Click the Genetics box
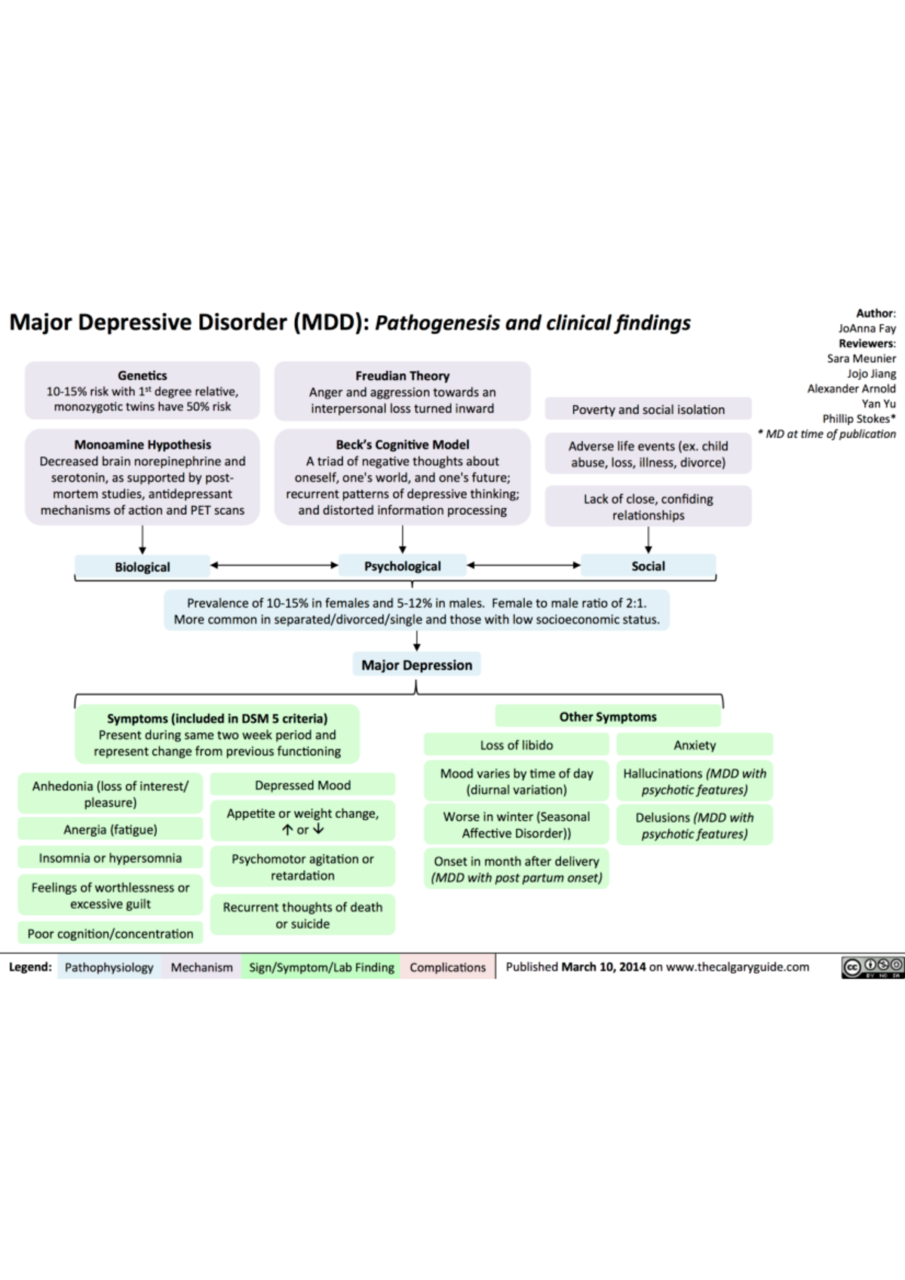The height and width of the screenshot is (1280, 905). (x=143, y=390)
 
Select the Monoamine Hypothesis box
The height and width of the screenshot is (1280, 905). (x=143, y=477)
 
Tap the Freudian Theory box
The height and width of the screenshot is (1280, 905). (x=402, y=391)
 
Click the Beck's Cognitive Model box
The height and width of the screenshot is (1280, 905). (x=402, y=477)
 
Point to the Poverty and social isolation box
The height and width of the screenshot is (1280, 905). (x=648, y=409)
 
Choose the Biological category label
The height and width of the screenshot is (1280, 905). (x=143, y=567)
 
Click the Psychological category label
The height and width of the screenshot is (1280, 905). (x=402, y=566)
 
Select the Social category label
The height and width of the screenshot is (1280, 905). (x=648, y=566)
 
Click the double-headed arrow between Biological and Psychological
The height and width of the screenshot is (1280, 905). (x=275, y=565)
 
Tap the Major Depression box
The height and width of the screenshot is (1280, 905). (x=416, y=665)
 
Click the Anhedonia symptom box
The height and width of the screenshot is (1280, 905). (x=110, y=794)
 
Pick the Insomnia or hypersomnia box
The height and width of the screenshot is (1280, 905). (x=110, y=858)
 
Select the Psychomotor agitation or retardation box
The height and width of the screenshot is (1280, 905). (x=302, y=867)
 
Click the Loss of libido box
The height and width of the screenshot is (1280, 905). (x=516, y=745)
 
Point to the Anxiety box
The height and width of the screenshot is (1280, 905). (x=695, y=745)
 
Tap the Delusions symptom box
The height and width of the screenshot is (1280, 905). (x=695, y=825)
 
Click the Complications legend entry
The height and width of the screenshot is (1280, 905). (x=447, y=967)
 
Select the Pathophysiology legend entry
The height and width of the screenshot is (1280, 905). (x=109, y=967)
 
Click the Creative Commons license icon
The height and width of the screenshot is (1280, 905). (x=872, y=967)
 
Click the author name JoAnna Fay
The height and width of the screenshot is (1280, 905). (x=867, y=328)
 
